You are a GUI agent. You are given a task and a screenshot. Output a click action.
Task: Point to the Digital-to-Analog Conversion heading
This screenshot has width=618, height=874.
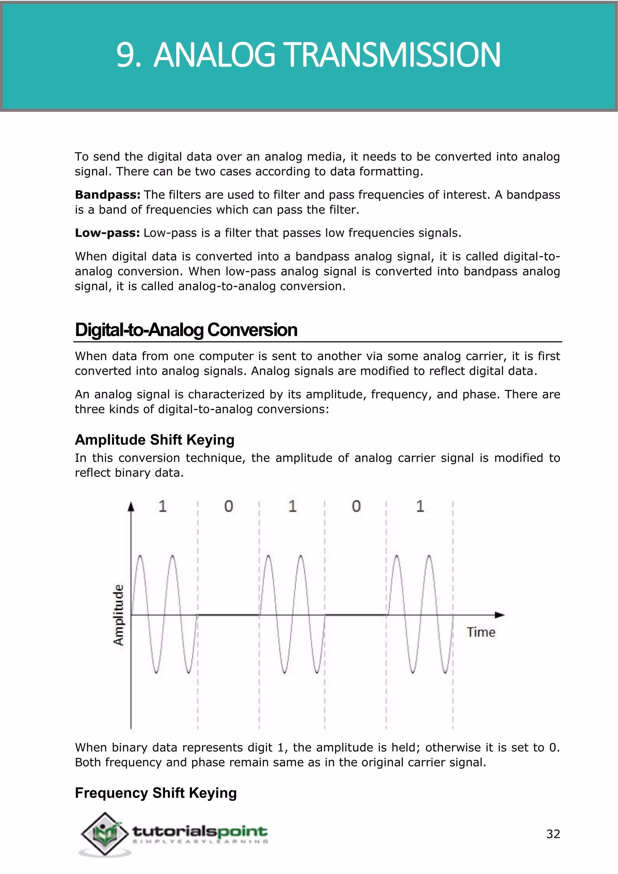click(186, 330)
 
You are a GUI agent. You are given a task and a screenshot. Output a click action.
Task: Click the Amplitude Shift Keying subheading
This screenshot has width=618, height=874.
click(154, 440)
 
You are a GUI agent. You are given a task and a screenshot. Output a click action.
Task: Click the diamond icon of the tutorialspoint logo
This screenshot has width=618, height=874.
click(105, 833)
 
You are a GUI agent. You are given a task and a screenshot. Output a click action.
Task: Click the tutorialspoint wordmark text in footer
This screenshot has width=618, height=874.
click(200, 831)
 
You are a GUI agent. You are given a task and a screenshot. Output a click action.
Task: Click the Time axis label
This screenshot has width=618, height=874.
click(481, 632)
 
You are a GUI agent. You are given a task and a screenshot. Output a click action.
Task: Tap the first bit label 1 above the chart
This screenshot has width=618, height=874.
click(162, 506)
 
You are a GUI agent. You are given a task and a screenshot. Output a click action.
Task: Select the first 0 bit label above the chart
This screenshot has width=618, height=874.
click(228, 506)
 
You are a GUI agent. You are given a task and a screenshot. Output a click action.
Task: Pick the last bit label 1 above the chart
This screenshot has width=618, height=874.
click(420, 506)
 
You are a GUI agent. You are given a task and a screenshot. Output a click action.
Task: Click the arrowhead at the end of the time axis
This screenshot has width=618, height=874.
click(500, 614)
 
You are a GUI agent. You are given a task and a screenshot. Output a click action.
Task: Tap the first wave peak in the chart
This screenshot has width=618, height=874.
click(140, 557)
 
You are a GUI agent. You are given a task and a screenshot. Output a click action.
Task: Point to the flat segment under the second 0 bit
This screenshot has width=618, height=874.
click(355, 614)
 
